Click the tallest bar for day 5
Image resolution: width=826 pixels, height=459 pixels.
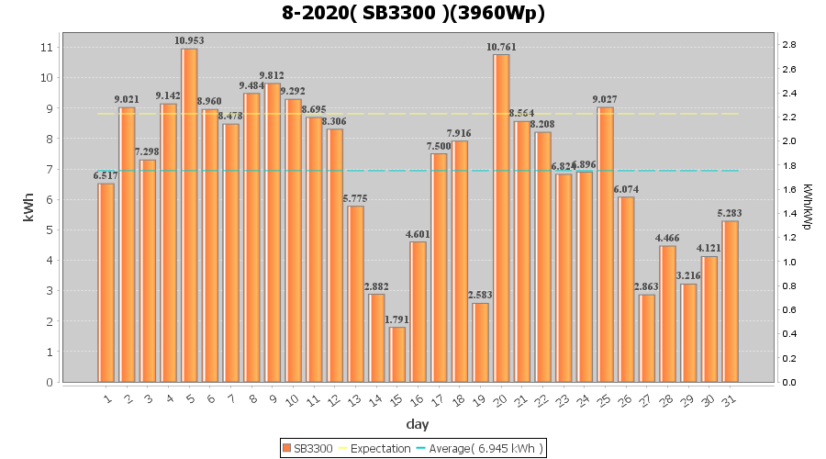click(x=189, y=215)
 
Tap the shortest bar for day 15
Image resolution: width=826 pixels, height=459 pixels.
click(x=397, y=354)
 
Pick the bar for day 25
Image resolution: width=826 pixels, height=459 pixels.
click(x=605, y=244)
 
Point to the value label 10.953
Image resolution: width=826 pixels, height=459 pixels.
click(x=189, y=40)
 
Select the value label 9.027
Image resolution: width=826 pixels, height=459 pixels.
click(x=605, y=99)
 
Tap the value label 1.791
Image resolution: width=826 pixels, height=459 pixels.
click(x=397, y=319)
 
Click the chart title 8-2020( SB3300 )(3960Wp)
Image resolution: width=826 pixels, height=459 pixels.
click(x=413, y=14)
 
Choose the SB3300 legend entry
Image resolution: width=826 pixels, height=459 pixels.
click(x=308, y=448)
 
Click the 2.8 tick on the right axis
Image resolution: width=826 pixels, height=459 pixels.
click(x=787, y=45)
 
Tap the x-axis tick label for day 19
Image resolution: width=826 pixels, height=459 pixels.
click(x=479, y=399)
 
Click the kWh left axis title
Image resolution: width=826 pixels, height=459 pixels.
click(x=29, y=213)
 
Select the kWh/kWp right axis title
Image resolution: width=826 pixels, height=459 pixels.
click(x=808, y=207)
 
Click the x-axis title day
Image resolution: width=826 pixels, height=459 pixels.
click(x=417, y=424)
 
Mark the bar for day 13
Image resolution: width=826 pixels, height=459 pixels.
click(x=356, y=294)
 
